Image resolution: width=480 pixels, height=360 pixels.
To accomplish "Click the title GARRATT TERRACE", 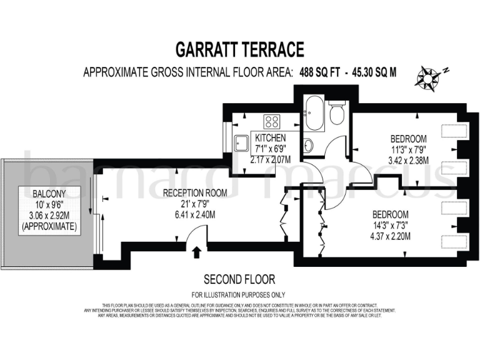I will click(239, 49).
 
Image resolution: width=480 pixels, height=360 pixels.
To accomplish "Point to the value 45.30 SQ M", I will click(374, 72).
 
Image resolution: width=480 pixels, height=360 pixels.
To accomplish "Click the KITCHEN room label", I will click(270, 137).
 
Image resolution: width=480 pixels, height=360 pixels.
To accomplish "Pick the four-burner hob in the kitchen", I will click(272, 121).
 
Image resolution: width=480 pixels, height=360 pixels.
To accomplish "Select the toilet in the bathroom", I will click(337, 114).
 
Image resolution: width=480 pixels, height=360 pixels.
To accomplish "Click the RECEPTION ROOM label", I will click(194, 192).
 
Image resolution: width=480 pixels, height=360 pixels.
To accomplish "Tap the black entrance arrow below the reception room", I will click(197, 252).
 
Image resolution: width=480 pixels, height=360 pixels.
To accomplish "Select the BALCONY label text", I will click(49, 194).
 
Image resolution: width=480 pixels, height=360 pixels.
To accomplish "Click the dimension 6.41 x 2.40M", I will click(194, 214).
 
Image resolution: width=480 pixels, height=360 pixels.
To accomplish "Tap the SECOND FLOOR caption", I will click(239, 279).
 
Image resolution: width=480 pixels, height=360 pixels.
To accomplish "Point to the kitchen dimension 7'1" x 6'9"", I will click(270, 149).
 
